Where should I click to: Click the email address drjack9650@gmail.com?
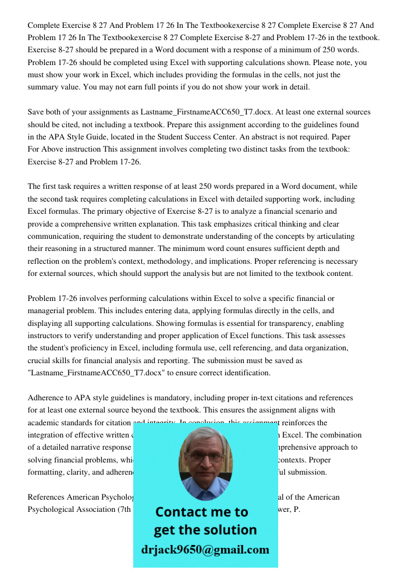205,550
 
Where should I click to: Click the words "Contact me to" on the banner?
201,512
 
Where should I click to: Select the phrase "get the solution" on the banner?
205,530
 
